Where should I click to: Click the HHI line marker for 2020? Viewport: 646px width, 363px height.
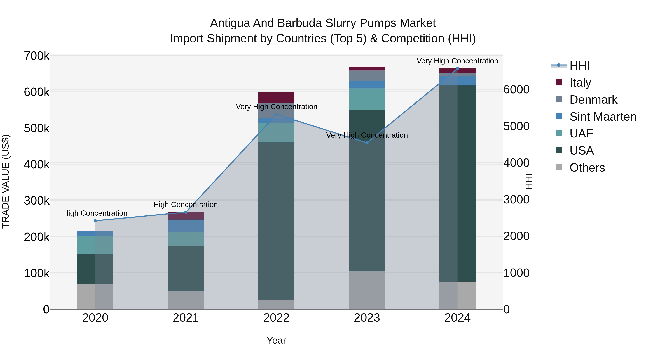pyautogui.click(x=95, y=221)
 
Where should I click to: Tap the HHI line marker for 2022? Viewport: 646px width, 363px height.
pyautogui.click(x=276, y=115)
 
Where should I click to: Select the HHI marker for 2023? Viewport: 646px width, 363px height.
pyautogui.click(x=367, y=143)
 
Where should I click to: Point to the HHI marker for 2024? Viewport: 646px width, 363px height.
pyautogui.click(x=457, y=69)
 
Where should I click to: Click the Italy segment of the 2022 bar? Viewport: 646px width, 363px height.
pyautogui.click(x=276, y=98)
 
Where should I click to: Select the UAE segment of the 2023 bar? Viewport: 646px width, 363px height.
pyautogui.click(x=367, y=99)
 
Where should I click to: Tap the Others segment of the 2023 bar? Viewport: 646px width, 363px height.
pyautogui.click(x=367, y=290)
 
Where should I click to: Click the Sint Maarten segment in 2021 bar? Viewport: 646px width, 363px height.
pyautogui.click(x=186, y=226)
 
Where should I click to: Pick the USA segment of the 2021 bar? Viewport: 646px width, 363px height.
pyautogui.click(x=186, y=268)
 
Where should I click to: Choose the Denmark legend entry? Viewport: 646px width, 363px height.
pyautogui.click(x=593, y=100)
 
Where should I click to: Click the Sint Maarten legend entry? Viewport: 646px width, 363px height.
pyautogui.click(x=603, y=117)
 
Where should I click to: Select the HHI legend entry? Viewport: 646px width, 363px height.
pyautogui.click(x=579, y=66)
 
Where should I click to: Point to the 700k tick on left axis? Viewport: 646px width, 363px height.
pyautogui.click(x=37, y=56)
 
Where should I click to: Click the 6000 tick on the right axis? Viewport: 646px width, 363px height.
pyautogui.click(x=516, y=90)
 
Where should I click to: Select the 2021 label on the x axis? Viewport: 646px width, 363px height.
pyautogui.click(x=186, y=318)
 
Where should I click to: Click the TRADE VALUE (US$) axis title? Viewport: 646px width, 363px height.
pyautogui.click(x=6, y=181)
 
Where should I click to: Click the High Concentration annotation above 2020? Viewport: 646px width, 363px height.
pyautogui.click(x=95, y=213)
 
